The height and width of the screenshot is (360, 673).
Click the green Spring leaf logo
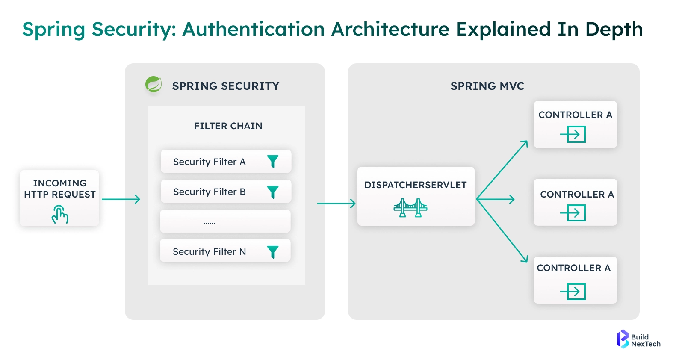point(153,84)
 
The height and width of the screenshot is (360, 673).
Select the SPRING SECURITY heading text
point(225,86)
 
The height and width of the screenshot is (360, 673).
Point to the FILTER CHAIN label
point(228,126)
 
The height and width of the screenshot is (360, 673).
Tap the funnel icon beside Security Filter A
point(273,161)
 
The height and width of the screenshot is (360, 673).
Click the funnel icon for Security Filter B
point(273,192)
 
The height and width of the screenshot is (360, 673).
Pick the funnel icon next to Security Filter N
point(273,252)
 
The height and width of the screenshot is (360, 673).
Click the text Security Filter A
point(209,162)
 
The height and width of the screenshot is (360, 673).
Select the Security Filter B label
point(209,192)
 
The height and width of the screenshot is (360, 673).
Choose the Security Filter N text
point(209,252)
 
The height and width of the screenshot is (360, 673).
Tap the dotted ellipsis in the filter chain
point(210,223)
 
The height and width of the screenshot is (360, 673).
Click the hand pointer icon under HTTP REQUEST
point(60,214)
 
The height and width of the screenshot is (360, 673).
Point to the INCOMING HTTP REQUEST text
point(60,189)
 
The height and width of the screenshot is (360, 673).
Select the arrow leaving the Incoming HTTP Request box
point(121,199)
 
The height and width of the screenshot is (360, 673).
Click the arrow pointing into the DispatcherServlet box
point(336,204)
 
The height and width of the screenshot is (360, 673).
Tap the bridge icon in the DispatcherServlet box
point(410,208)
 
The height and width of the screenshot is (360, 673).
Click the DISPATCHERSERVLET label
point(415,185)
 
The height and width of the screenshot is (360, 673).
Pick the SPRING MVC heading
point(487,86)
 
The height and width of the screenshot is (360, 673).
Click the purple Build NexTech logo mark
point(623,339)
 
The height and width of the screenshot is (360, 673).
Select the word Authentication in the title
point(254,30)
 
